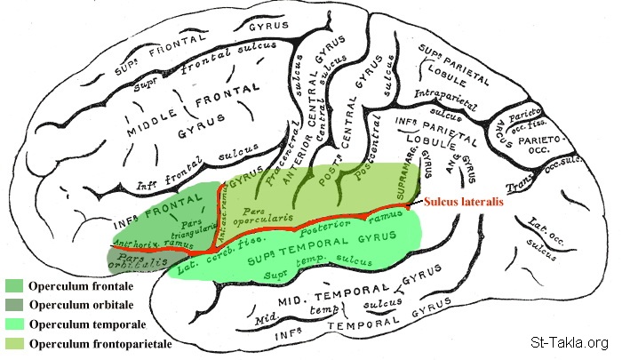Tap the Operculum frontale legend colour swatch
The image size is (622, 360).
(15, 286)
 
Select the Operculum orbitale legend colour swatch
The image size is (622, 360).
(15, 305)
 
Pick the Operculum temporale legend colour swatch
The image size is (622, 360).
(15, 324)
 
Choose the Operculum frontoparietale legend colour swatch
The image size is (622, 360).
(15, 342)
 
